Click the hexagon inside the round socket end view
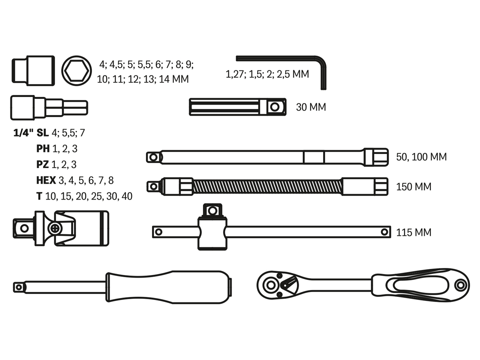(x=76, y=71)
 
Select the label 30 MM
(x=311, y=107)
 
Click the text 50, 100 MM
(x=421, y=157)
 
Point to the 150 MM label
(x=414, y=187)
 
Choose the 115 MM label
(x=414, y=232)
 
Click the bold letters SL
(x=43, y=133)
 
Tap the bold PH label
(x=43, y=149)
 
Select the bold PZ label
(x=42, y=164)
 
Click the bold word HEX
(x=46, y=180)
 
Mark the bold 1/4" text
(x=23, y=133)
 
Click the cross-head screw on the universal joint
(x=55, y=229)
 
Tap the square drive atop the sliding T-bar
(x=212, y=210)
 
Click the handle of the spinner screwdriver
(x=168, y=287)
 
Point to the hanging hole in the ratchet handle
(x=460, y=285)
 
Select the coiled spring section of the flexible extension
(x=267, y=187)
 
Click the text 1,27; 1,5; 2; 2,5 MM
(x=267, y=74)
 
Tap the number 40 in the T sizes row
(x=127, y=196)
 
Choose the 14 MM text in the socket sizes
(x=174, y=79)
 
